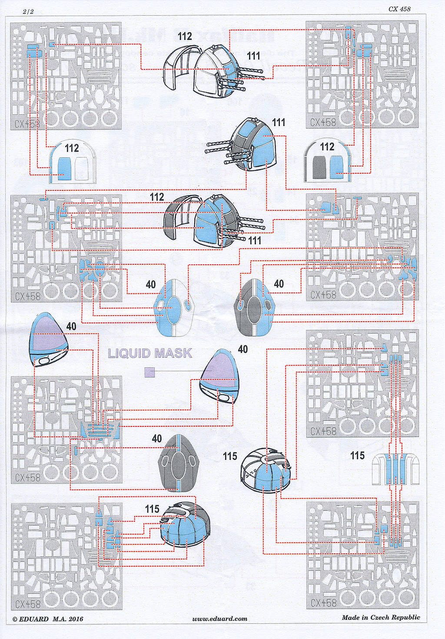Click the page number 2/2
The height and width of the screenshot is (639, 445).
click(x=28, y=12)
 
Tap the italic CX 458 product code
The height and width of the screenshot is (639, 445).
click(x=399, y=9)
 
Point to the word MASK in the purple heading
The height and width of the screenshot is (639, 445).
click(x=173, y=353)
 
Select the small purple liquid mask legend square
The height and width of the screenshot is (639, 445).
click(x=149, y=372)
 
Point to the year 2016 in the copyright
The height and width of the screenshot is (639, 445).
click(x=76, y=619)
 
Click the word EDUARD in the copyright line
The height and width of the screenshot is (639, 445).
click(x=34, y=619)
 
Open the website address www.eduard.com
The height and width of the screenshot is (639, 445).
click(x=219, y=619)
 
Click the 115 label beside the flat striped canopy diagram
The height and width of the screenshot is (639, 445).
click(x=357, y=455)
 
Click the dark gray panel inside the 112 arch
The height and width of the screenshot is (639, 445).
click(x=319, y=167)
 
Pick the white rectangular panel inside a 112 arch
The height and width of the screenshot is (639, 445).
click(x=81, y=167)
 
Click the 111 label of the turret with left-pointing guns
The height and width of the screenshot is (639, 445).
click(x=279, y=122)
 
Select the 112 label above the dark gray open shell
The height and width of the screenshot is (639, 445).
click(x=157, y=197)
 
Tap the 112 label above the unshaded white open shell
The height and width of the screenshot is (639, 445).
click(x=185, y=37)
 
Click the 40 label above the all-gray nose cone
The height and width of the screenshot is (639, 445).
click(x=157, y=438)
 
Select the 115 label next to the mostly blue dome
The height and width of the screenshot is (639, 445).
click(x=152, y=509)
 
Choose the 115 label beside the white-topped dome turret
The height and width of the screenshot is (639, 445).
click(x=230, y=456)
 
